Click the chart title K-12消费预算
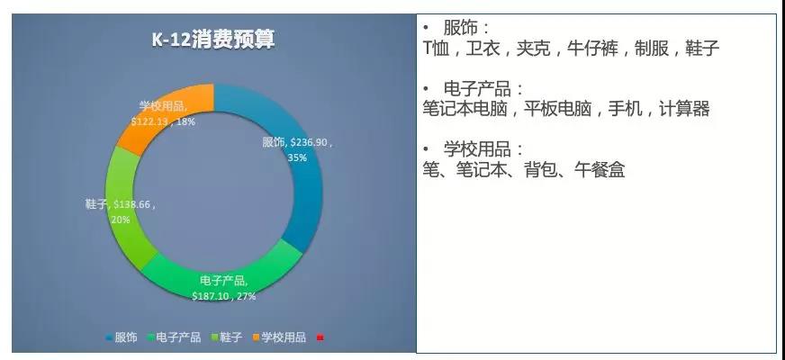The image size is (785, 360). tap(212, 40)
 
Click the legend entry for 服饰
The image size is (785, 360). tap(122, 337)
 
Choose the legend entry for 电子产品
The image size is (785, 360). tap(173, 337)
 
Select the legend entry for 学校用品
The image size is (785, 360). tap(282, 337)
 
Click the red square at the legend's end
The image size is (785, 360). tap(320, 337)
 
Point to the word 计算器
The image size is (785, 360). tap(685, 109)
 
